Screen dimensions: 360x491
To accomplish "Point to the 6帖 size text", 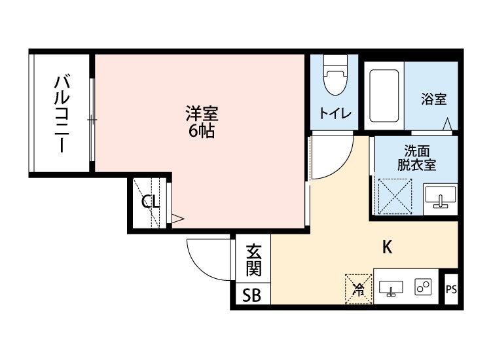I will click(x=201, y=130).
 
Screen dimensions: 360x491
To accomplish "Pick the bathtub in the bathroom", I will click(x=384, y=96).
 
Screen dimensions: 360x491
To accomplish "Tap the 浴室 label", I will click(x=433, y=99).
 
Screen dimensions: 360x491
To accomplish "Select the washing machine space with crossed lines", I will click(x=395, y=196).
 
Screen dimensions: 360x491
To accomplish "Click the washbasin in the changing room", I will click(x=440, y=197).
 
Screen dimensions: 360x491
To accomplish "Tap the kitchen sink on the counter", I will click(x=391, y=287).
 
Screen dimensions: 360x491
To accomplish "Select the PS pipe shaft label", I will click(x=450, y=289).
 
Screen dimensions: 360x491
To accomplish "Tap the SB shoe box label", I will click(x=252, y=296).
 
